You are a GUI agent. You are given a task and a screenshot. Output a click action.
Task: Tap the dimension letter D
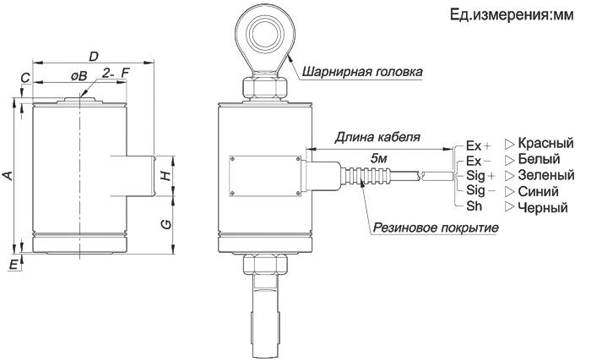pyautogui.click(x=93, y=57)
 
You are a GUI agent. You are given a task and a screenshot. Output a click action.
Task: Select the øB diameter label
pyautogui.click(x=79, y=76)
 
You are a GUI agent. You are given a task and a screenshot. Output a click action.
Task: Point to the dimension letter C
pyautogui.click(x=25, y=78)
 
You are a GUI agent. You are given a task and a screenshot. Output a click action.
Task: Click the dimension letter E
pyautogui.click(x=14, y=265)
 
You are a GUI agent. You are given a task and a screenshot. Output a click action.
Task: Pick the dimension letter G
pyautogui.click(x=165, y=224)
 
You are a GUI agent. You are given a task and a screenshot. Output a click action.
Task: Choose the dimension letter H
pyautogui.click(x=165, y=175)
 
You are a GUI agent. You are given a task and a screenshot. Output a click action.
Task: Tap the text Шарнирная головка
pyautogui.click(x=362, y=72)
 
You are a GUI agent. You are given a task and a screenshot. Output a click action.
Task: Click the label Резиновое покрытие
pyautogui.click(x=436, y=228)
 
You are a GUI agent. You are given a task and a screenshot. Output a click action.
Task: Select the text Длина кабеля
pyautogui.click(x=377, y=137)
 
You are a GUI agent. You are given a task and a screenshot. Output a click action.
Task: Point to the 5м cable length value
pyautogui.click(x=379, y=158)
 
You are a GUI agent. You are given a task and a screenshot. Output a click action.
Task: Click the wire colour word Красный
pyautogui.click(x=545, y=143)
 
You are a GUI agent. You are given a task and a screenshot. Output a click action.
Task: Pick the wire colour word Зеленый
pyautogui.click(x=546, y=175)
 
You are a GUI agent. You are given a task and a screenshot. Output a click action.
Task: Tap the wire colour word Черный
pyautogui.click(x=543, y=207)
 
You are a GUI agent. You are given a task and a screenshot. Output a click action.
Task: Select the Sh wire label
pyautogui.click(x=474, y=206)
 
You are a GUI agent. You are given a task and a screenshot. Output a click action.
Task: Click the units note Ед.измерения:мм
pyautogui.click(x=512, y=15)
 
